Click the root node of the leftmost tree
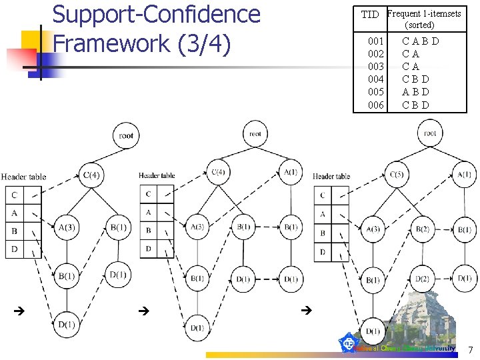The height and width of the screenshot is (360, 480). click(126, 135)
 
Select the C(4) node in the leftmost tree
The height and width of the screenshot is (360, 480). click(91, 175)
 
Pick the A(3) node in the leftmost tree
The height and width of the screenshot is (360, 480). click(67, 228)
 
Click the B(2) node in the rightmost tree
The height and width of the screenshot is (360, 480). click(423, 229)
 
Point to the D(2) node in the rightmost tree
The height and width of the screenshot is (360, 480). click(423, 278)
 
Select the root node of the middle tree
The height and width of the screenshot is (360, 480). click(255, 134)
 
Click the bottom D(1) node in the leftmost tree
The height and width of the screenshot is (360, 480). click(67, 324)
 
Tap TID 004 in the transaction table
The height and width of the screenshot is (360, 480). click(376, 79)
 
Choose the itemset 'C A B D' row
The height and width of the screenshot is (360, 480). click(421, 41)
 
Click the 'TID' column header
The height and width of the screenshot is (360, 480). click(369, 15)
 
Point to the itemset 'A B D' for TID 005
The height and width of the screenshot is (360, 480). click(415, 92)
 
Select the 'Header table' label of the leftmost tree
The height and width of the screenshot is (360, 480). click(23, 177)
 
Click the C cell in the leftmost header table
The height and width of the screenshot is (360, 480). click(14, 195)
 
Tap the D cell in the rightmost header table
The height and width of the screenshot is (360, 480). click(323, 253)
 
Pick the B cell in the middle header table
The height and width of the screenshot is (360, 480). click(148, 231)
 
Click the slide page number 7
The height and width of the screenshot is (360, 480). click(469, 349)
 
